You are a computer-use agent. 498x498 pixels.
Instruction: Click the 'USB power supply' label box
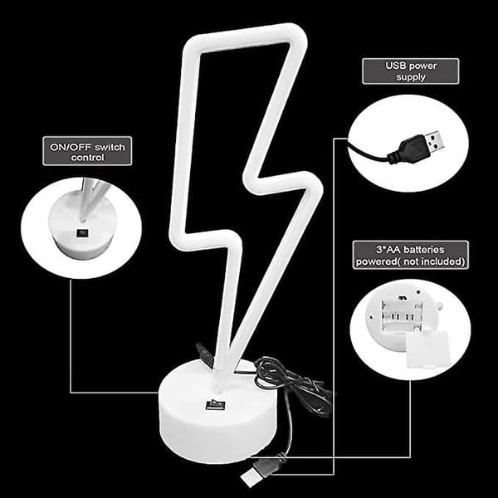tap(410, 71)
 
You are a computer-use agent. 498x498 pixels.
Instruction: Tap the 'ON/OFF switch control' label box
tap(87, 151)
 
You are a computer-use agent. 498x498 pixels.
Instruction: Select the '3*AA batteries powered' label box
tap(410, 255)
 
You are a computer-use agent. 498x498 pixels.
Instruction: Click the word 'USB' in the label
tap(395, 66)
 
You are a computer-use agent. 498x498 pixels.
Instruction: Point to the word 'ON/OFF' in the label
tap(71, 147)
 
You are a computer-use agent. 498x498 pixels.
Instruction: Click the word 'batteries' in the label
tap(424, 250)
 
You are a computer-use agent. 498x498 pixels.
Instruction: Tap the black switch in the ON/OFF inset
tap(82, 233)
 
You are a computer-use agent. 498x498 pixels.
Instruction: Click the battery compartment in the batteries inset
tap(402, 316)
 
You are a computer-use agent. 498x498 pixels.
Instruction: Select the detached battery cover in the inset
tap(427, 349)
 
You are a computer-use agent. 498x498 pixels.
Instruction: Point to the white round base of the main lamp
tap(217, 413)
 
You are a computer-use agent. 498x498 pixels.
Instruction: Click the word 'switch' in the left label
tap(110, 147)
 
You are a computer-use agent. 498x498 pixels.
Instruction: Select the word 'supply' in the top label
tap(411, 77)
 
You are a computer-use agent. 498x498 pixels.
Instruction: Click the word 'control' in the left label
tap(87, 158)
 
